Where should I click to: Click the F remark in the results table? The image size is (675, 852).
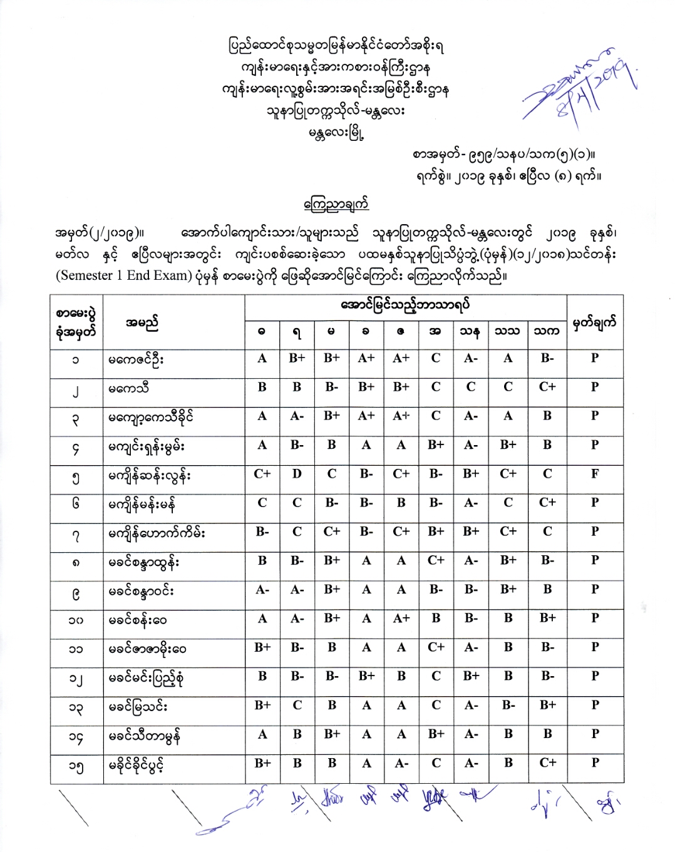click(x=594, y=474)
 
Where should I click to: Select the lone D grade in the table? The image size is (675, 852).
click(x=297, y=474)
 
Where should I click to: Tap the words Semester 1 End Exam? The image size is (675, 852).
click(x=123, y=276)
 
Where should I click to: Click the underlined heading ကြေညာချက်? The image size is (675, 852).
click(x=336, y=205)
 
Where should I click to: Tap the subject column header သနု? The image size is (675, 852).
click(x=470, y=331)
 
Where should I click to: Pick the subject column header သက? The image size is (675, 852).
click(x=547, y=331)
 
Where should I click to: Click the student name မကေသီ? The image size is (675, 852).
click(x=129, y=389)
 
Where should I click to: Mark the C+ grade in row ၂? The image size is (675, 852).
click(x=547, y=387)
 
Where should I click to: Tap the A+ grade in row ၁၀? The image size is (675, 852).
click(x=401, y=618)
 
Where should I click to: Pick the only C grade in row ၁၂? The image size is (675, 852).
click(x=436, y=676)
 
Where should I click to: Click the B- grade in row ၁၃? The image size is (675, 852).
click(x=508, y=705)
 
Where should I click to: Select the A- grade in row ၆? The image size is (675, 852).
click(x=471, y=503)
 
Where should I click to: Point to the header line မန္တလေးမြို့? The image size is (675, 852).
click(x=336, y=133)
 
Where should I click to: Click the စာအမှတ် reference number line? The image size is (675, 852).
click(x=503, y=155)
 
